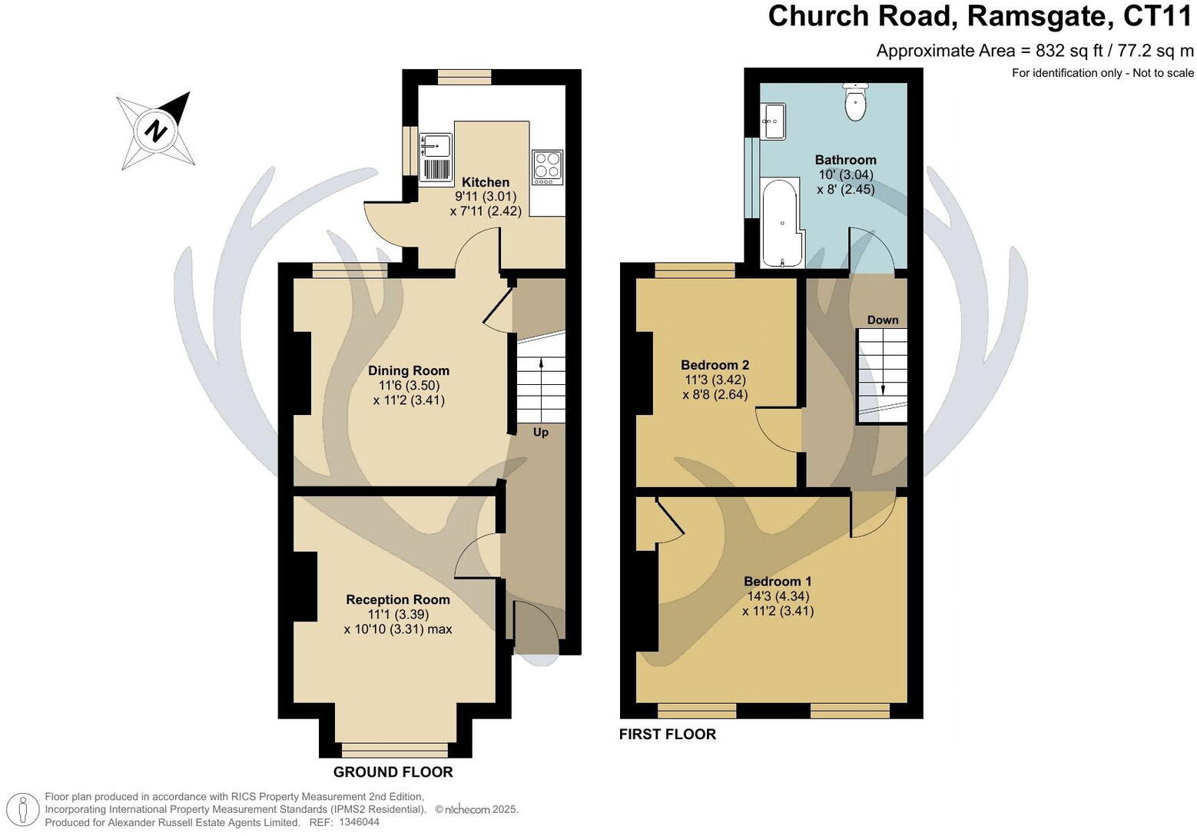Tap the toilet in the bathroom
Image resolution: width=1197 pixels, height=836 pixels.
855,103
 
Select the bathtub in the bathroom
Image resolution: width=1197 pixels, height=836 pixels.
781,224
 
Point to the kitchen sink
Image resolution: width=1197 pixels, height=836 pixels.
436,144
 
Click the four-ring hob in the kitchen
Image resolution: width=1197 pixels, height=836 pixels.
547,167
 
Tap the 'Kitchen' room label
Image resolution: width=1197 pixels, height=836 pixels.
485,182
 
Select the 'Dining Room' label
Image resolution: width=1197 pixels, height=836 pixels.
408,370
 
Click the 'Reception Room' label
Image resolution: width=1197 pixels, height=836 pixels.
397,599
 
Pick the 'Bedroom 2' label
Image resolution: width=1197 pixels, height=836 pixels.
715,365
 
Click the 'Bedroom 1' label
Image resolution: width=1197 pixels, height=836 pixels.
777,582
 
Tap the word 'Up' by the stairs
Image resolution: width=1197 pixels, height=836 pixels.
541,433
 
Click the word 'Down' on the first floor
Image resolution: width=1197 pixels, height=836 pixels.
882,320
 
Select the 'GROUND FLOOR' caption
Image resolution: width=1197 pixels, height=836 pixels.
393,772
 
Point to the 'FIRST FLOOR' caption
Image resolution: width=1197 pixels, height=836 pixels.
667,735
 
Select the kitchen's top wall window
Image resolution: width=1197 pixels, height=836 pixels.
464,77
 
